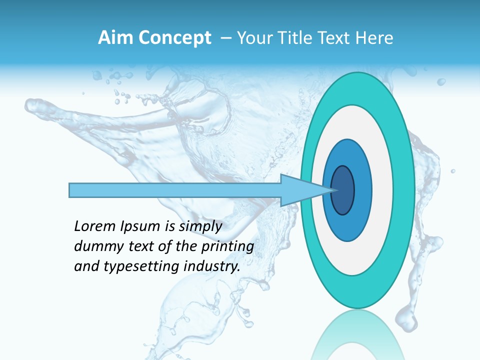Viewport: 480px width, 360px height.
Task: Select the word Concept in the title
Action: pyautogui.click(x=175, y=38)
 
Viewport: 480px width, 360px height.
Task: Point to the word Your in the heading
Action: pyautogui.click(x=253, y=38)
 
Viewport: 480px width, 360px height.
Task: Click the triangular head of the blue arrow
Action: pyautogui.click(x=300, y=190)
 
